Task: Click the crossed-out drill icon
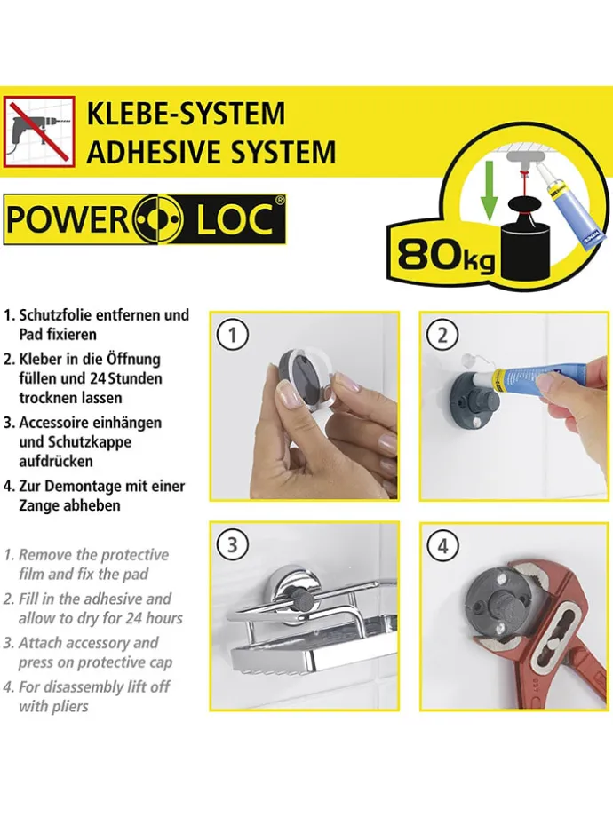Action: click(x=39, y=131)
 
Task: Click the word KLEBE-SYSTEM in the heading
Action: click(x=186, y=114)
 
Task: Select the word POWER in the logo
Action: click(x=68, y=220)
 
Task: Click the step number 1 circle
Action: click(x=233, y=335)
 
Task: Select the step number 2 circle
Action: click(x=443, y=335)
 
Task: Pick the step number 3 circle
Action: click(x=233, y=544)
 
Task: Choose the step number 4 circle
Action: click(x=443, y=544)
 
